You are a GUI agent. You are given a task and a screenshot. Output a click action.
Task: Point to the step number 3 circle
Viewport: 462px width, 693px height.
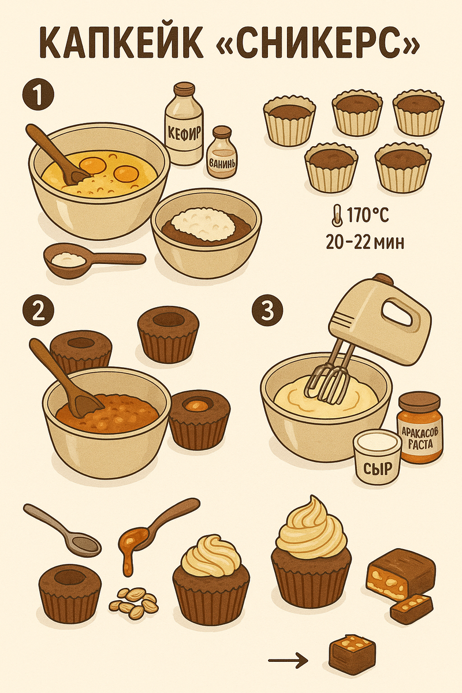[268, 311]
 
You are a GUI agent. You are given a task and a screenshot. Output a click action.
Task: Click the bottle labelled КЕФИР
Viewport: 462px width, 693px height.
[183, 123]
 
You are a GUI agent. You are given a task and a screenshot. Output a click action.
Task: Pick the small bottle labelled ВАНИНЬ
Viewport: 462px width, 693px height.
[222, 152]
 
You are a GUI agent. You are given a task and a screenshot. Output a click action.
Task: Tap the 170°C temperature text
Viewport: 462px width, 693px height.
[367, 215]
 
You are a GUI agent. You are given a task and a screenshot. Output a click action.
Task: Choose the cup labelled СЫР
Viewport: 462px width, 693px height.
[377, 456]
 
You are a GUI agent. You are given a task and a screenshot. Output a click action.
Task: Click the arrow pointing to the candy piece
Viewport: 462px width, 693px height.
[288, 661]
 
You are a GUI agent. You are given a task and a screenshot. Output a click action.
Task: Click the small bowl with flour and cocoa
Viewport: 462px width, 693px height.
[206, 233]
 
